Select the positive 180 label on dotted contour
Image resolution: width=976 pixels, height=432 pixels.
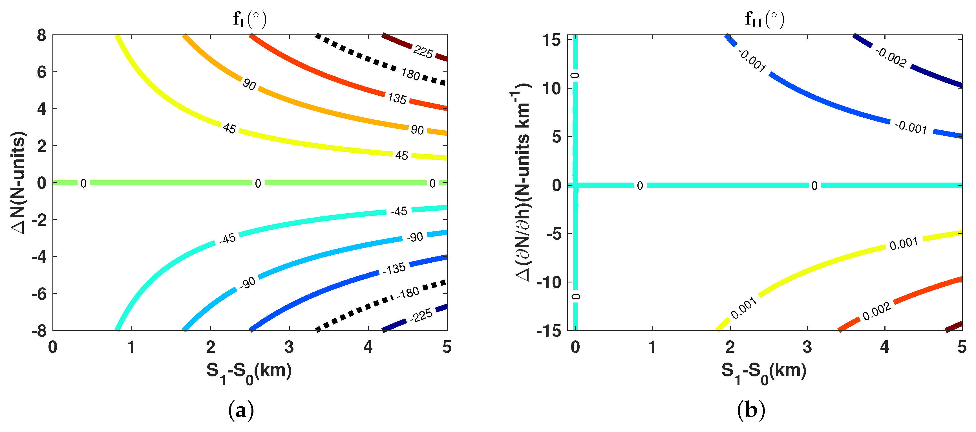click(410, 74)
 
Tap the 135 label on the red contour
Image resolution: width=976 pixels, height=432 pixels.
click(397, 98)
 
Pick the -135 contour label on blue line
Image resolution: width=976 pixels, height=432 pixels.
click(394, 269)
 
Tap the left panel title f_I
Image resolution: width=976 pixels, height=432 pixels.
click(249, 19)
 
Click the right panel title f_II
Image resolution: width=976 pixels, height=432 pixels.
click(764, 19)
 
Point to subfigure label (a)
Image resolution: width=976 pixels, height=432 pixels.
click(241, 410)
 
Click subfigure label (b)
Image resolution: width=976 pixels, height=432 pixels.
click(751, 410)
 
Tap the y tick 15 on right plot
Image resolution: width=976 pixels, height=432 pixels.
click(552, 40)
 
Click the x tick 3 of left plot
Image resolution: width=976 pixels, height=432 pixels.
click(289, 347)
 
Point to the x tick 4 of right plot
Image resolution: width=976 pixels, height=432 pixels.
click(884, 347)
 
